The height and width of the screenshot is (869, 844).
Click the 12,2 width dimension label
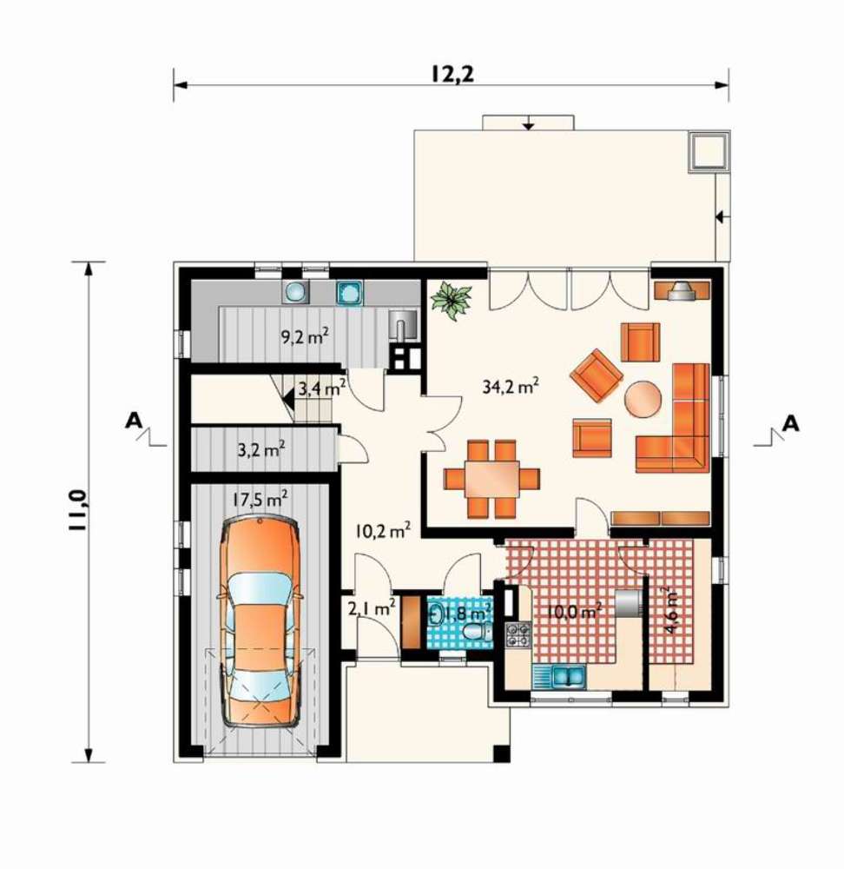(452, 74)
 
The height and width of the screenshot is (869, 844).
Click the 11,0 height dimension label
(77, 510)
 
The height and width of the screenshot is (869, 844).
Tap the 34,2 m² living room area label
(510, 386)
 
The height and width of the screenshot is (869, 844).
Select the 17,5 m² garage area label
(259, 500)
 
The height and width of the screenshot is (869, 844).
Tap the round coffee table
(643, 398)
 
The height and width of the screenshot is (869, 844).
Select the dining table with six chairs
(491, 479)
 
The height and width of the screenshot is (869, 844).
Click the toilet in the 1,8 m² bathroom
(478, 631)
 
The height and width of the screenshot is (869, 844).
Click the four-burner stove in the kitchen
(518, 635)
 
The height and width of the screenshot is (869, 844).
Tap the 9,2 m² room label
(305, 335)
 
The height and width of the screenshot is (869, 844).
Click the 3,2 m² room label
(261, 449)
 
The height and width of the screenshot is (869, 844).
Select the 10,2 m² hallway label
(383, 531)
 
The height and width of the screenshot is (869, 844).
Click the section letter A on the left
(133, 421)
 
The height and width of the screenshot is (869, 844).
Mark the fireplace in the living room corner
(682, 290)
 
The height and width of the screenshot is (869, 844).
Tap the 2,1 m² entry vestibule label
(371, 609)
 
